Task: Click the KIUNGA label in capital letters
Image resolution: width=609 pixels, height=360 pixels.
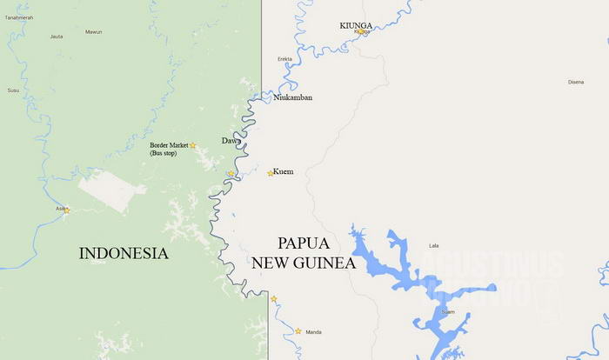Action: [x=358, y=25]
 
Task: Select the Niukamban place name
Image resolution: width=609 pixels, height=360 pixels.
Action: [x=293, y=97]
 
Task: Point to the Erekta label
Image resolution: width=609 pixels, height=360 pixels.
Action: [x=284, y=59]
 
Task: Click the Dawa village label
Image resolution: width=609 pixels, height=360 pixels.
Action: [x=231, y=140]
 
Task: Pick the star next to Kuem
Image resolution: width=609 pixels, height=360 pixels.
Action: [x=270, y=173]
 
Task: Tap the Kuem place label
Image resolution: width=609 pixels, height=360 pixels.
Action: [x=284, y=171]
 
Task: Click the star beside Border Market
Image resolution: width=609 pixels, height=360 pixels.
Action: [x=193, y=145]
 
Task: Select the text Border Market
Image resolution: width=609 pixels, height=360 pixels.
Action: [x=169, y=145]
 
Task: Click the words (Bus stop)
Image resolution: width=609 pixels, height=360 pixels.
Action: [x=164, y=154]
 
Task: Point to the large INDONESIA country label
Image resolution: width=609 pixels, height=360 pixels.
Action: [x=124, y=253]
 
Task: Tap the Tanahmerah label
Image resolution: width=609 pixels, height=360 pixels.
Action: [x=17, y=17]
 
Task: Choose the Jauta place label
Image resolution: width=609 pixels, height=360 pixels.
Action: [x=57, y=37]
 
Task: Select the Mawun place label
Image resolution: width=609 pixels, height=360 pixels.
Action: [x=93, y=31]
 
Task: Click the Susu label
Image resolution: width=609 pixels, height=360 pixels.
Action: [x=13, y=90]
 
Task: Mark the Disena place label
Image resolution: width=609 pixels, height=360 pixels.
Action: [x=576, y=82]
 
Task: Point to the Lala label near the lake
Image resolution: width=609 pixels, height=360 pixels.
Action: [x=434, y=246]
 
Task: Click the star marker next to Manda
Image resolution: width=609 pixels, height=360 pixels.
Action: [x=298, y=330]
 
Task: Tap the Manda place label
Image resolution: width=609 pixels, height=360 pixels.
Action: [x=314, y=331]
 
